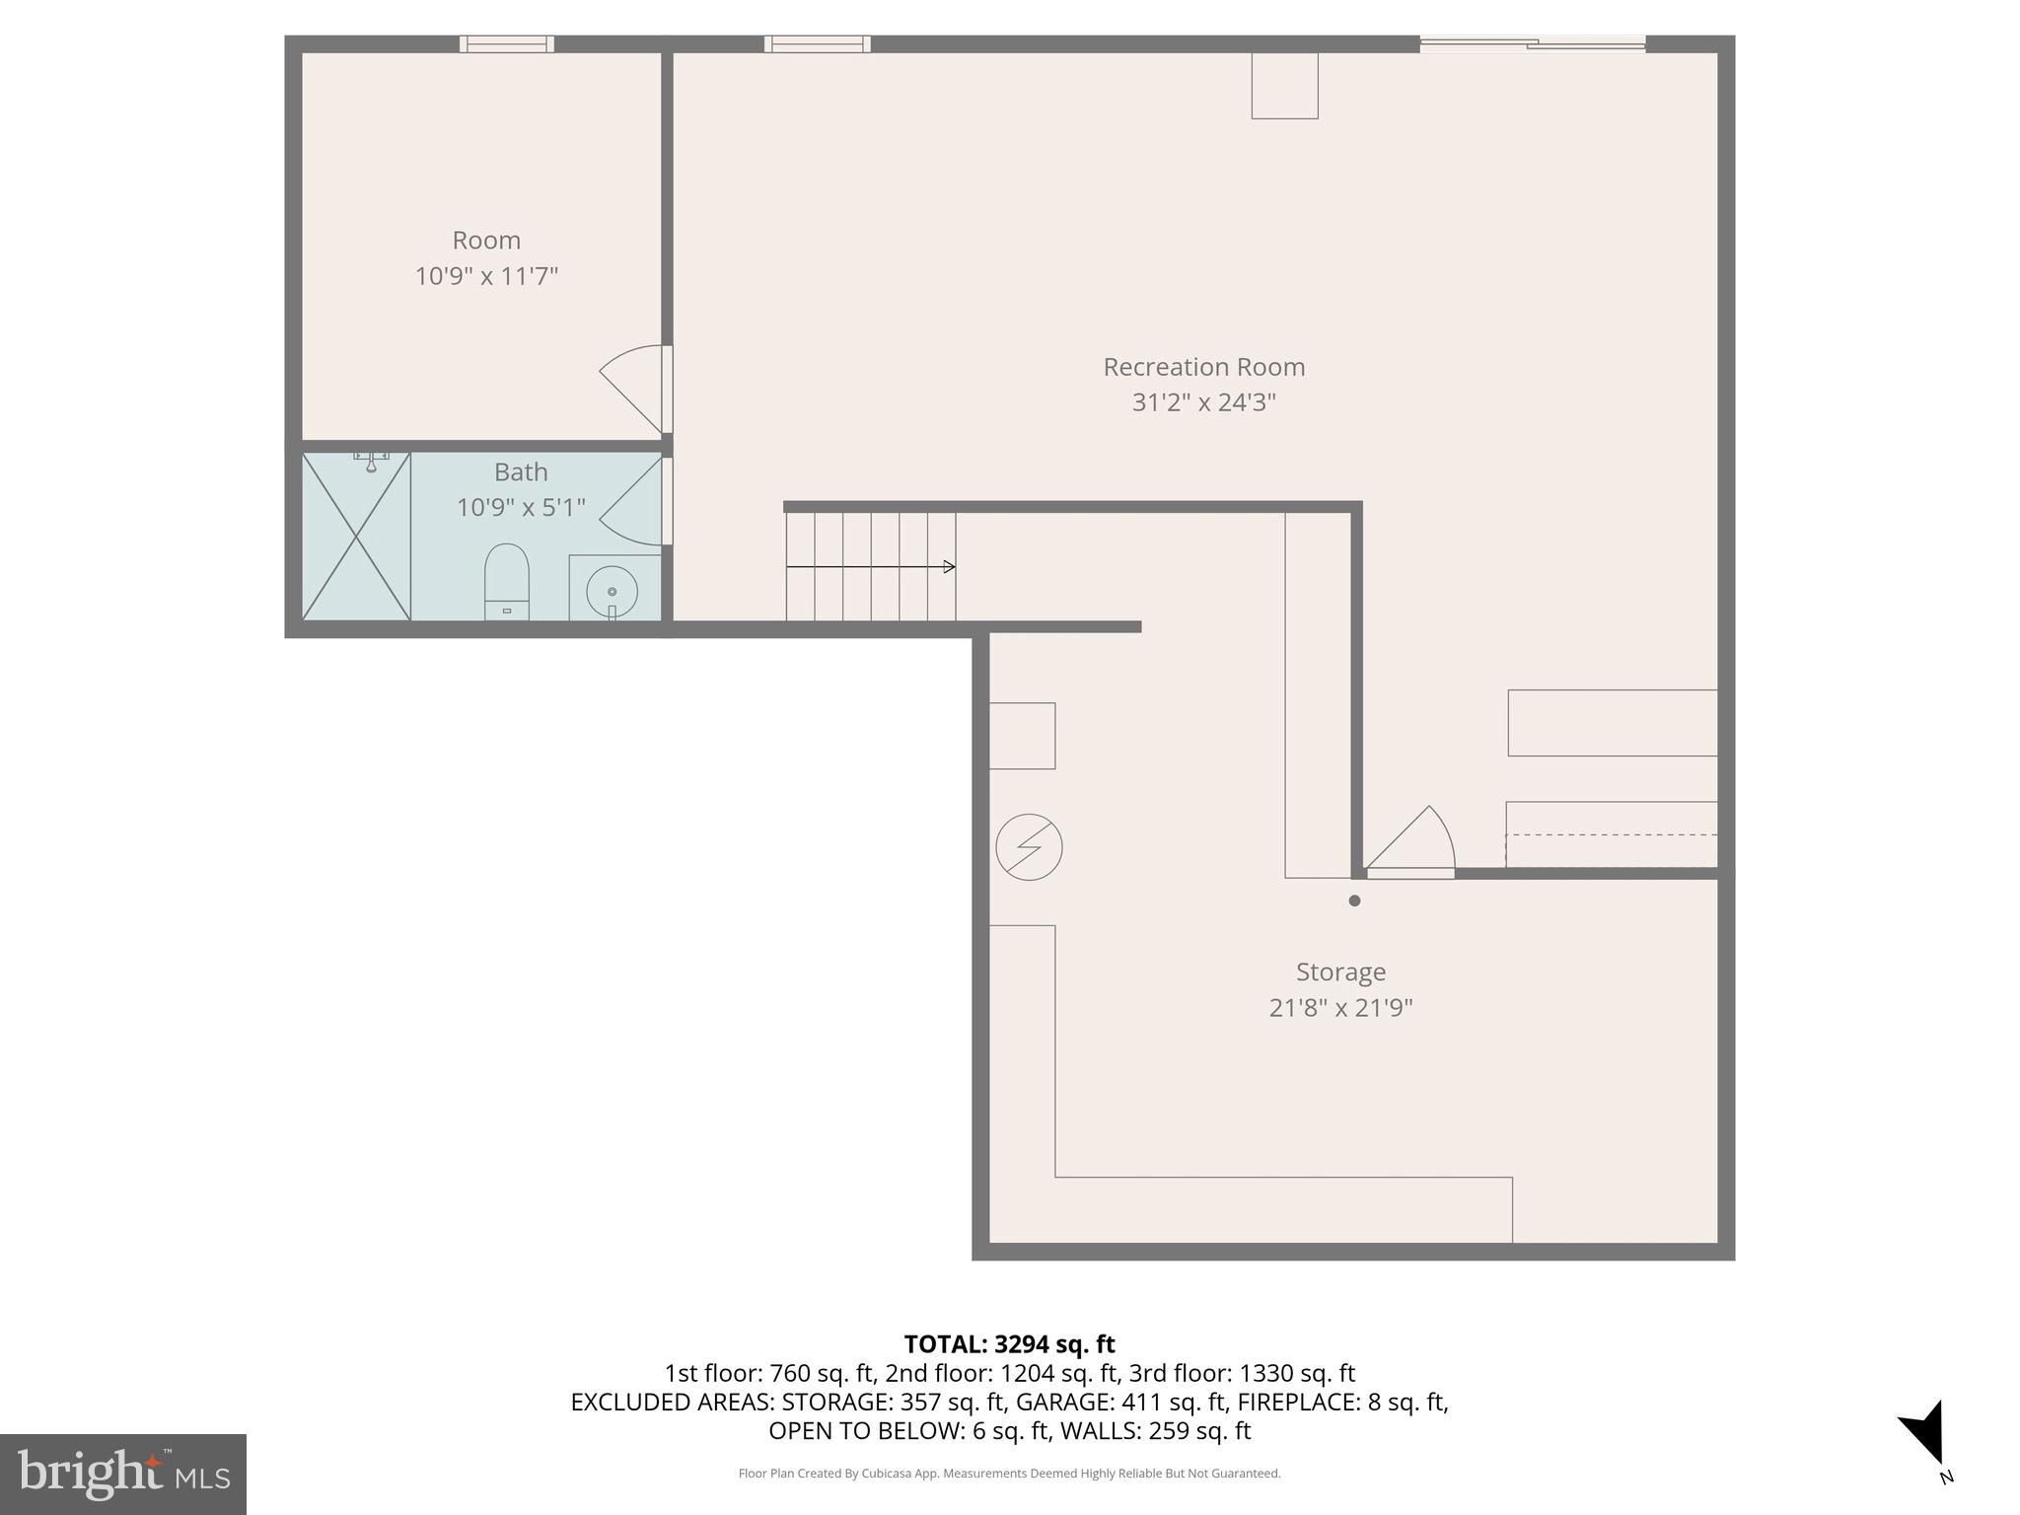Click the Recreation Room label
click(1203, 367)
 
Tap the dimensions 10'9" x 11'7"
click(486, 276)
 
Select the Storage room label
click(1340, 972)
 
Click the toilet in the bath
click(507, 582)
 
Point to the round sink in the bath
click(612, 591)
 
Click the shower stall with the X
click(356, 537)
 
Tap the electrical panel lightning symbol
click(1029, 847)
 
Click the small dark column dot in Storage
click(1354, 901)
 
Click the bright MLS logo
click(123, 1474)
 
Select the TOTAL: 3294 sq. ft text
click(1009, 1344)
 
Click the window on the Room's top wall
click(507, 43)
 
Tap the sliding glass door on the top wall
click(1532, 43)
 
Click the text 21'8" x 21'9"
click(1340, 1008)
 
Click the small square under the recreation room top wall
click(1284, 86)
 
